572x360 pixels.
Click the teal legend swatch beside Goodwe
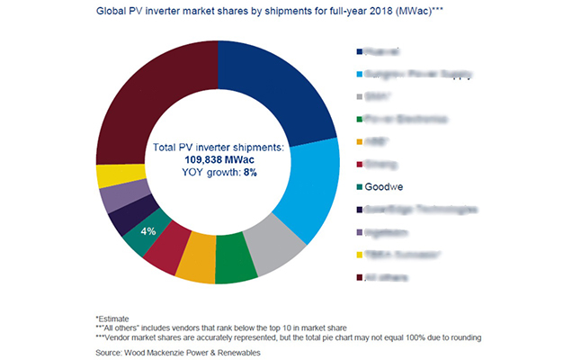click(x=360, y=188)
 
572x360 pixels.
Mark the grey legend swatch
click(x=360, y=96)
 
